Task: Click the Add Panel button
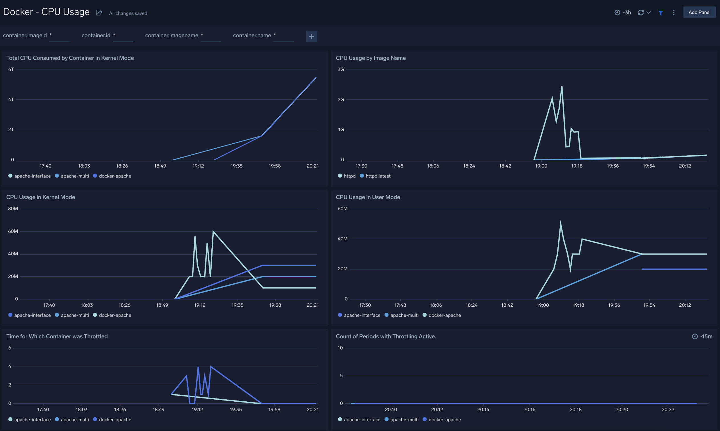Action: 699,12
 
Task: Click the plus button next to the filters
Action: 311,36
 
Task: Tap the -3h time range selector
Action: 623,13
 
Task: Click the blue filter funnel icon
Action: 660,13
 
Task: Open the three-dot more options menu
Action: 674,13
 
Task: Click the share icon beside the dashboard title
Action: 99,13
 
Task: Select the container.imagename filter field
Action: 211,35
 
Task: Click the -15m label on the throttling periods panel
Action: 706,336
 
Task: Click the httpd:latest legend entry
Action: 377,176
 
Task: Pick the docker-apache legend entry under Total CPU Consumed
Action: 115,176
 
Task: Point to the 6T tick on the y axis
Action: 11,70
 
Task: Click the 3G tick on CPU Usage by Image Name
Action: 341,70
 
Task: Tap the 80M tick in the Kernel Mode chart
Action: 13,209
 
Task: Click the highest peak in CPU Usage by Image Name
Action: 562,87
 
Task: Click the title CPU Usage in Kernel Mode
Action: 41,197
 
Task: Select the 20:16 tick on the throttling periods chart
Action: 529,409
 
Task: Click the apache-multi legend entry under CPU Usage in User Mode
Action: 404,315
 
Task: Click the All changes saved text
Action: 128,13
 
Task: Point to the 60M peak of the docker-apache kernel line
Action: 213,231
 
